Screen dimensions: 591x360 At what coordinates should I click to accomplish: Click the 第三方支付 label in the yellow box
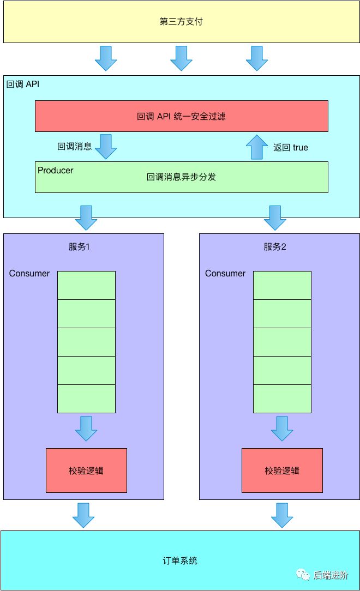pyautogui.click(x=181, y=22)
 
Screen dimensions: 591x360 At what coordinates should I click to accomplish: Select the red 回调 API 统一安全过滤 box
pyautogui.click(x=181, y=116)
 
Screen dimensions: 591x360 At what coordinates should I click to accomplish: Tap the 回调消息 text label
pyautogui.click(x=74, y=147)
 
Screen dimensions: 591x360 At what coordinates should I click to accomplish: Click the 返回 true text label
pyautogui.click(x=290, y=147)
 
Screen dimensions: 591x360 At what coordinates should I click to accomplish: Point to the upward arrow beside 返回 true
pyautogui.click(x=257, y=147)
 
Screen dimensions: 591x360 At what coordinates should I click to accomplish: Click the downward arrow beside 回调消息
pyautogui.click(x=105, y=146)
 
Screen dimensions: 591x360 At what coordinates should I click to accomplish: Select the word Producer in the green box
pyautogui.click(x=56, y=171)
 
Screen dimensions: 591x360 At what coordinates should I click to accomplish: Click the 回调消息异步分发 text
pyautogui.click(x=181, y=177)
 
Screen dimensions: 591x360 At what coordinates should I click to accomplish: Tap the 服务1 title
pyautogui.click(x=79, y=246)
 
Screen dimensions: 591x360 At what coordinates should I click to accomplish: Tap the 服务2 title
pyautogui.click(x=275, y=246)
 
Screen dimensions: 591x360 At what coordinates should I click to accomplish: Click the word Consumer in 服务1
pyautogui.click(x=29, y=273)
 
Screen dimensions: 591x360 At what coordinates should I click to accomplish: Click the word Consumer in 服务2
pyautogui.click(x=225, y=273)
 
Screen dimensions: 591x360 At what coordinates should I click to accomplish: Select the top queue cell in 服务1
pyautogui.click(x=86, y=285)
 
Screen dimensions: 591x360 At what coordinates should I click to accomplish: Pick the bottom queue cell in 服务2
pyautogui.click(x=282, y=399)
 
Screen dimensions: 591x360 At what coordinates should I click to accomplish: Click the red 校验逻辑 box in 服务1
pyautogui.click(x=86, y=471)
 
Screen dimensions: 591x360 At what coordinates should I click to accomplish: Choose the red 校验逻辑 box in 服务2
pyautogui.click(x=282, y=471)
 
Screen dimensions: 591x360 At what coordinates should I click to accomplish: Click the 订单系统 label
pyautogui.click(x=180, y=560)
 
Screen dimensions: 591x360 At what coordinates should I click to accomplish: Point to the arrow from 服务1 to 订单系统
pyautogui.click(x=83, y=515)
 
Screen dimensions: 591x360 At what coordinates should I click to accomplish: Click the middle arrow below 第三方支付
pyautogui.click(x=181, y=58)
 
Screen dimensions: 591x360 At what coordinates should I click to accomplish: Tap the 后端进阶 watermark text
pyautogui.click(x=330, y=575)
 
